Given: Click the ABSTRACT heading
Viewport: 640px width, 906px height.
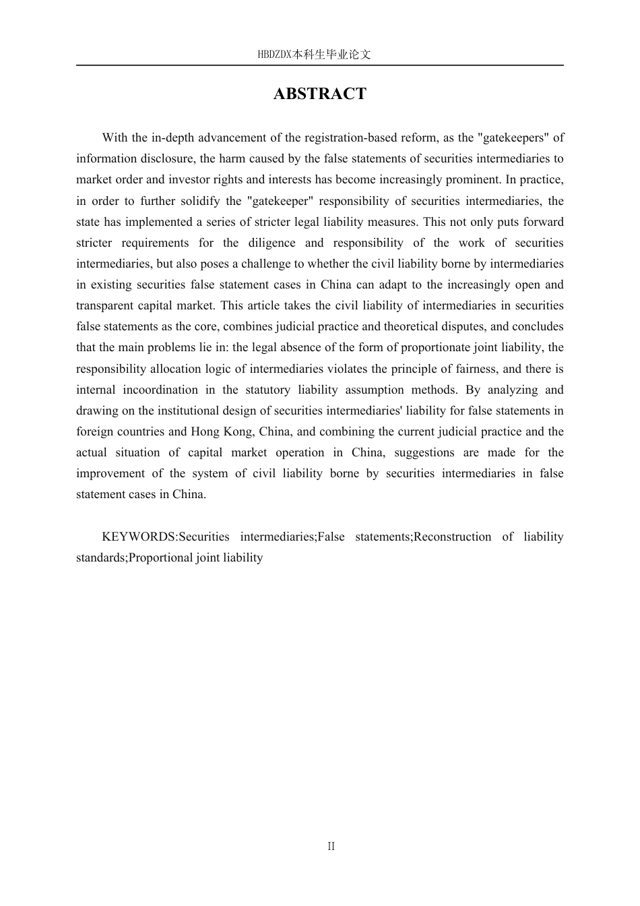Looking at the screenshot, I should coord(319,94).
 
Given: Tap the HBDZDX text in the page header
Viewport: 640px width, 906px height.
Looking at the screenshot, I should coord(274,55).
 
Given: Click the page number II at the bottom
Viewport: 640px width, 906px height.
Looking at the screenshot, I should coord(331,846).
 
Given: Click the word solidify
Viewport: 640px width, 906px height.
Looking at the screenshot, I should coord(198,201).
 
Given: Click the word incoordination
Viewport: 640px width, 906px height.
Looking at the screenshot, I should coord(160,390).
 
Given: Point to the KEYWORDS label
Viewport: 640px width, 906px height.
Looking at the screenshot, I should coord(139,537).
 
